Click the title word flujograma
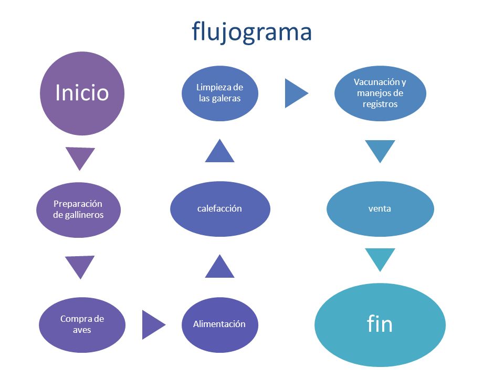tap(251, 32)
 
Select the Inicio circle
tap(82, 93)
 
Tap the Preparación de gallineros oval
tap(78, 209)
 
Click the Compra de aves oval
tap(82, 324)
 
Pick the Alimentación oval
tap(220, 324)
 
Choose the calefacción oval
tap(220, 209)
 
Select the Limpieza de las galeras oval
tap(220, 93)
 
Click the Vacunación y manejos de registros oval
tap(380, 93)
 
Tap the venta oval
tap(380, 209)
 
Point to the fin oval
tap(380, 324)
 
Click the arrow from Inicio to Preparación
tap(80, 157)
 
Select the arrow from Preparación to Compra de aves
tap(80, 266)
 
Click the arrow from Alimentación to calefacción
tap(219, 267)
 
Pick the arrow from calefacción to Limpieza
tap(219, 152)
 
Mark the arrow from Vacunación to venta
tap(380, 150)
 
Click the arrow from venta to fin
tap(380, 258)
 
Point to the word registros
tap(380, 104)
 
